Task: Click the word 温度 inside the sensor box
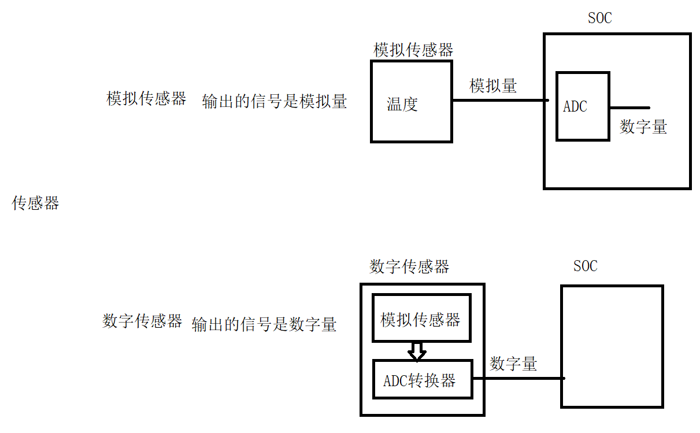point(402,105)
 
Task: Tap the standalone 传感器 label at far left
point(36,203)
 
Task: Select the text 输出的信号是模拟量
point(275,102)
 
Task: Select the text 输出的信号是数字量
point(264,324)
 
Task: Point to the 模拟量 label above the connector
point(493,86)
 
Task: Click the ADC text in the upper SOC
point(575,106)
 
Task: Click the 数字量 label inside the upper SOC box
point(643,127)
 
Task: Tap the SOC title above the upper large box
point(599,18)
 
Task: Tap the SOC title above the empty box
point(585,267)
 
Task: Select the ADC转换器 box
point(422,379)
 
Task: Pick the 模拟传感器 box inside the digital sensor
point(421,319)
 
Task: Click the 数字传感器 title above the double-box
point(409,267)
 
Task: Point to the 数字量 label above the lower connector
point(513,364)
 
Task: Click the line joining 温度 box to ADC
point(499,100)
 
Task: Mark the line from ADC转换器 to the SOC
point(517,379)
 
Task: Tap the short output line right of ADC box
point(629,108)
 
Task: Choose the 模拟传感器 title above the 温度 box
point(413,50)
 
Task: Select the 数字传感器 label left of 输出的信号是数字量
point(142,321)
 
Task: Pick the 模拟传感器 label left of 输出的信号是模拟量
point(146,98)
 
